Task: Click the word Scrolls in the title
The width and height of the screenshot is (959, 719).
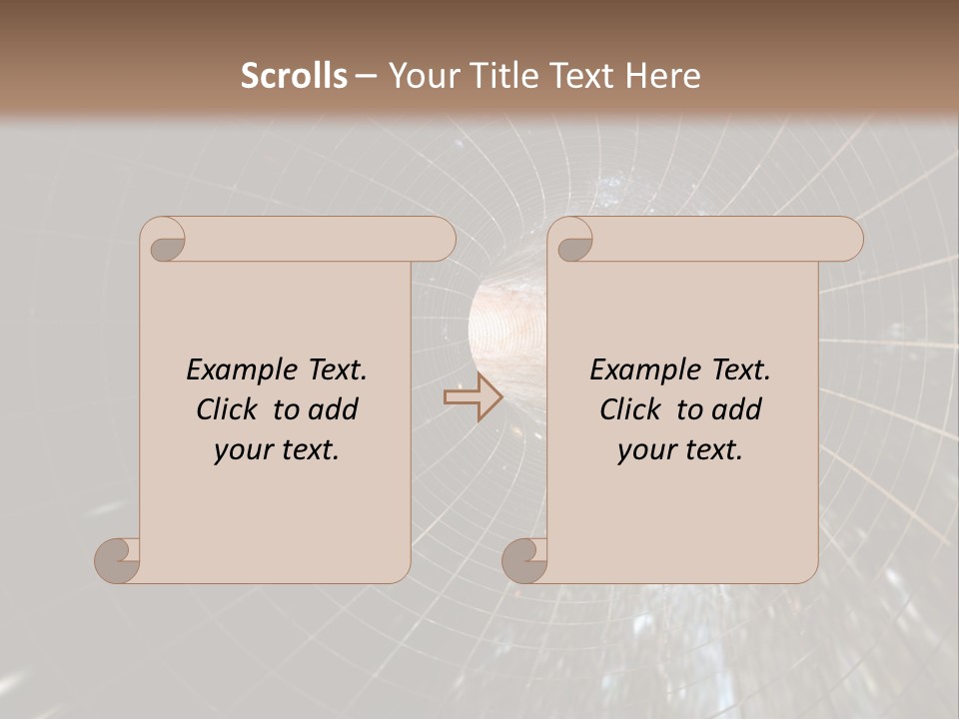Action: pyautogui.click(x=294, y=76)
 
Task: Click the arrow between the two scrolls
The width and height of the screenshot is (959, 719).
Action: pyautogui.click(x=473, y=396)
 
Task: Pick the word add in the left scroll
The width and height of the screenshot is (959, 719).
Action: pyautogui.click(x=335, y=410)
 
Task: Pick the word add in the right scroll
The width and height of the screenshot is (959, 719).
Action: pyautogui.click(x=738, y=410)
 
